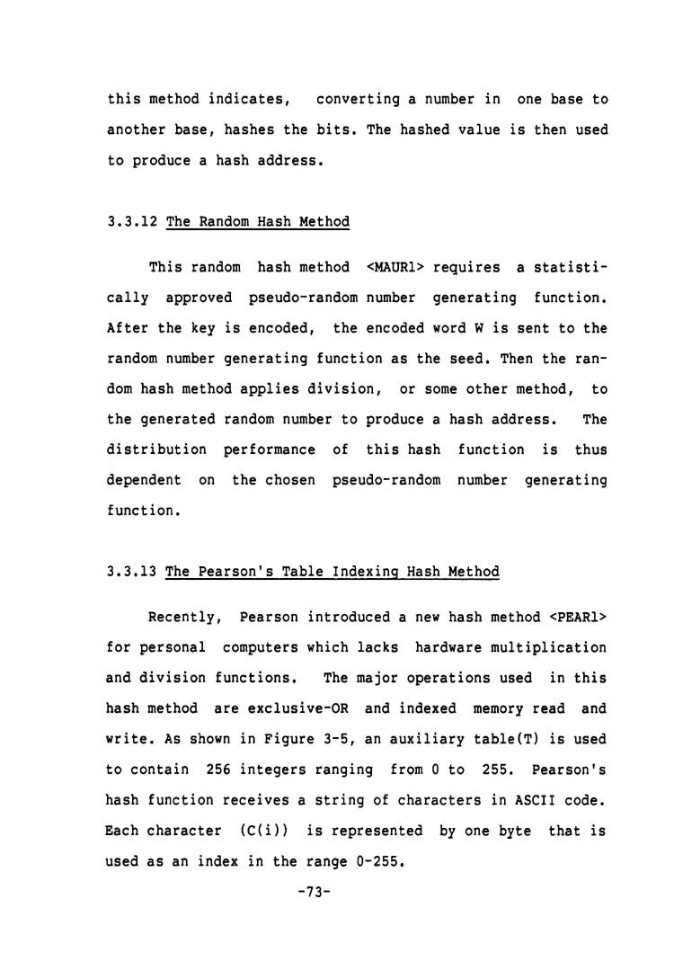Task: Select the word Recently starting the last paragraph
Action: click(183, 617)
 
